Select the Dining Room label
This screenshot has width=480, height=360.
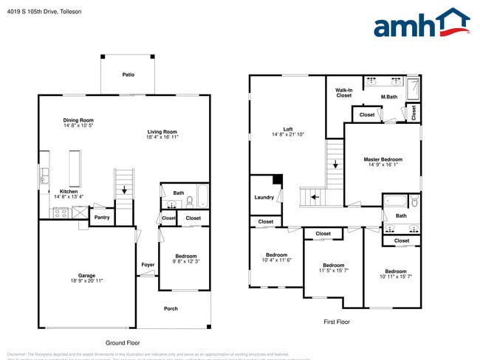78,120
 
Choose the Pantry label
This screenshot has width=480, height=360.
102,217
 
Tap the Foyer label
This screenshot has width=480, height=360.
148,264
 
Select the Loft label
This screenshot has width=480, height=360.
288,128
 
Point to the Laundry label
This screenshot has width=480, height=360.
264,197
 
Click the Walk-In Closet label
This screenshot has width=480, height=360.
344,92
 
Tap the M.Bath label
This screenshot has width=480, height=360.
389,97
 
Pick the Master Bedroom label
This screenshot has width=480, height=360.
383,159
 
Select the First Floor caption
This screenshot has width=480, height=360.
337,322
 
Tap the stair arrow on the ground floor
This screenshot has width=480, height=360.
124,190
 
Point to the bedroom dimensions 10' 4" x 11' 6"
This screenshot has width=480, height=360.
278,260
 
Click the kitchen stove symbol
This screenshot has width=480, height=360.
59,213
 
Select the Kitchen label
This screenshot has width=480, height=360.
69,191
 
